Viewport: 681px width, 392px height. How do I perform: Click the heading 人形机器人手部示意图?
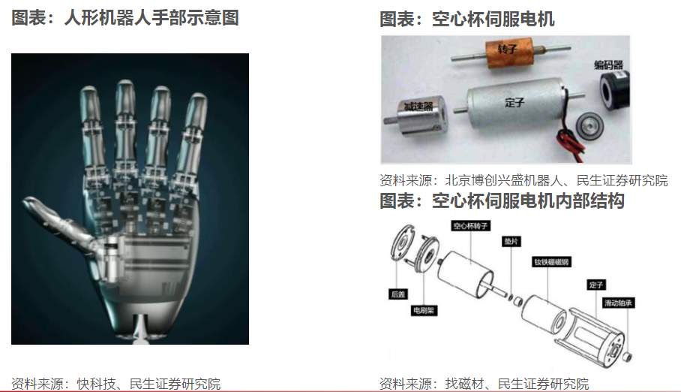click(x=125, y=18)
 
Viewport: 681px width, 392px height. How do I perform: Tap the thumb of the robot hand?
click(x=61, y=221)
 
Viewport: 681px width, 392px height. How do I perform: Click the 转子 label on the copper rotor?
click(x=507, y=50)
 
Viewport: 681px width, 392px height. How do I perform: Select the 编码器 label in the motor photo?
click(x=608, y=65)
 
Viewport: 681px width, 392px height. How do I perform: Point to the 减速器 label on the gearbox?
click(x=418, y=107)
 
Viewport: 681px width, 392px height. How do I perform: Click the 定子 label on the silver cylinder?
click(x=514, y=103)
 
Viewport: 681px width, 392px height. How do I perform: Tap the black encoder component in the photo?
click(x=614, y=91)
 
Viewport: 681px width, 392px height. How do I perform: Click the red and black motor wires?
click(x=570, y=137)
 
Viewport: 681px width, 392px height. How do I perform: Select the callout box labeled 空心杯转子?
click(x=470, y=226)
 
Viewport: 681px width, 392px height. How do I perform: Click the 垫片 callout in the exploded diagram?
click(x=511, y=242)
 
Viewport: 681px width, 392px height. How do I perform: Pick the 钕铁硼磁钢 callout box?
click(x=551, y=262)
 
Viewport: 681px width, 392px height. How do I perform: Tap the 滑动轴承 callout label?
click(x=619, y=303)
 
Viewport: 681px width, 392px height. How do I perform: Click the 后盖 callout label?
click(x=397, y=294)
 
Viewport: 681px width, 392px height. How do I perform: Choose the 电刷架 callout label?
click(x=424, y=311)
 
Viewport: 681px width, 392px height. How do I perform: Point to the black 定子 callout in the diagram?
click(x=595, y=285)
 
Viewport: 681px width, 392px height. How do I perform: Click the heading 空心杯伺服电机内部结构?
click(x=502, y=201)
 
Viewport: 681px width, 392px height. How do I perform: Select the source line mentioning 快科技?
click(x=116, y=384)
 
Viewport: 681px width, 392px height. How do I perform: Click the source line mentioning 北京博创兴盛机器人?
click(x=523, y=180)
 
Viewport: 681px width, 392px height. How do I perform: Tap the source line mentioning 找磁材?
click(x=484, y=384)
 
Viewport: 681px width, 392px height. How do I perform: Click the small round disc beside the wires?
click(x=589, y=125)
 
